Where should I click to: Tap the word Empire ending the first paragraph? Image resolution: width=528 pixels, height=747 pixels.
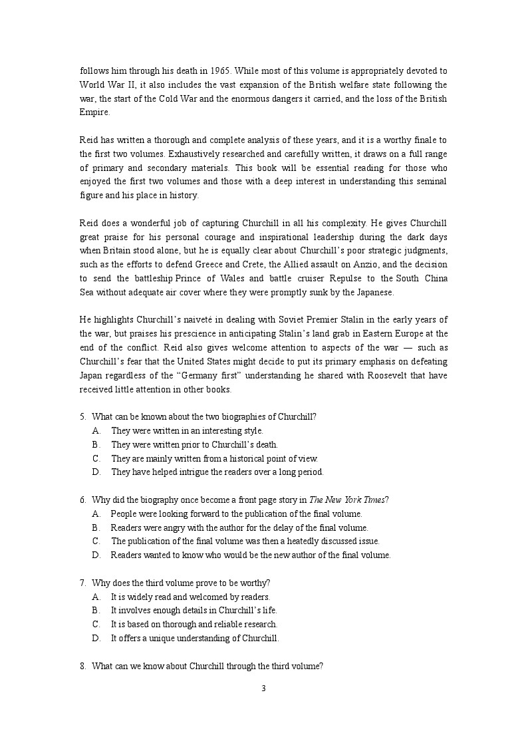[x=93, y=112]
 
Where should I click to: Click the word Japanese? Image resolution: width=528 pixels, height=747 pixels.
[x=376, y=292]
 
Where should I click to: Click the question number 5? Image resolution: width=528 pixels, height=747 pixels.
[x=83, y=417]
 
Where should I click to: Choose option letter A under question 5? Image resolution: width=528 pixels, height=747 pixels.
[x=96, y=430]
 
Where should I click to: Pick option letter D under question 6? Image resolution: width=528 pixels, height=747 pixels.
[x=96, y=555]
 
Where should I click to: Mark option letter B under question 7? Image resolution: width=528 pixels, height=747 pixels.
[x=96, y=610]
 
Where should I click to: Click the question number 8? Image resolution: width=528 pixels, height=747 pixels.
[x=83, y=666]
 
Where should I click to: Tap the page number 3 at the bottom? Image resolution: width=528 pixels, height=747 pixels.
[x=263, y=688]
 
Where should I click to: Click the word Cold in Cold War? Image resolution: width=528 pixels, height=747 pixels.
[x=169, y=98]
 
